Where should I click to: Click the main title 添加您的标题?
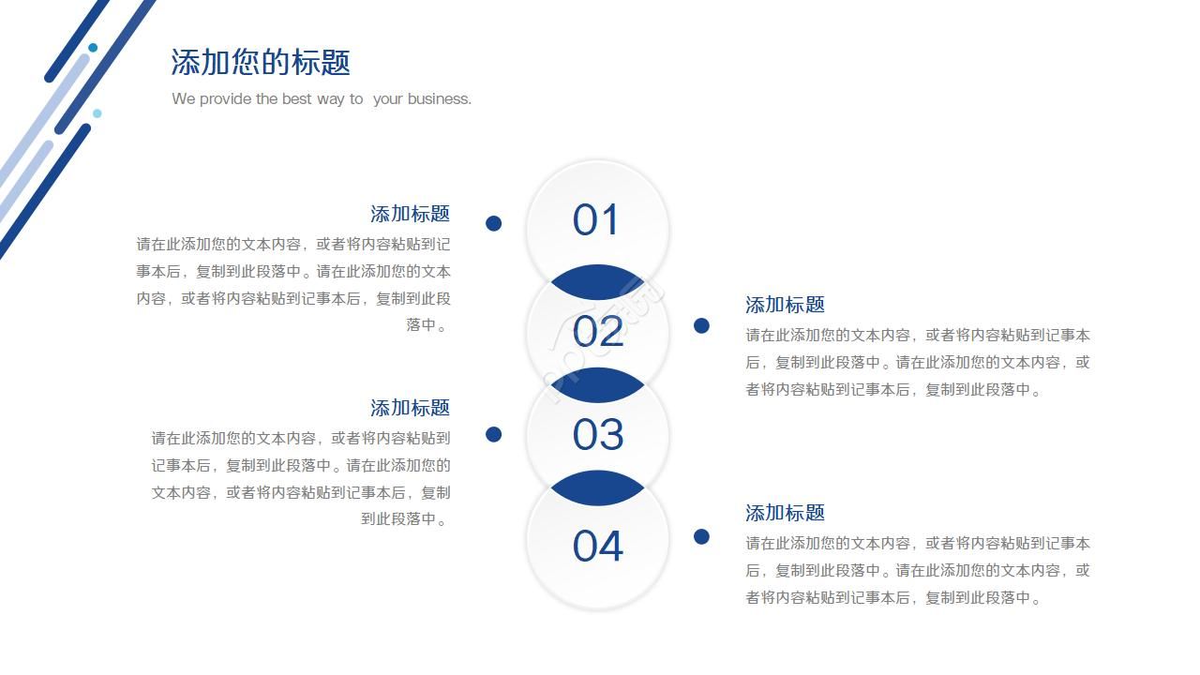[261, 63]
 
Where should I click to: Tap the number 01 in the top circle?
[596, 220]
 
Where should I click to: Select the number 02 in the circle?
[597, 332]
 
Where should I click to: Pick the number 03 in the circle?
[597, 435]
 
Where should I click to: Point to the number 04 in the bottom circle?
[597, 546]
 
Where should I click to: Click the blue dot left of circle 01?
[493, 223]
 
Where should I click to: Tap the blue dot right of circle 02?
[701, 325]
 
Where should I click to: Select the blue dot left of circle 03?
[493, 434]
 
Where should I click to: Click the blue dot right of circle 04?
[701, 536]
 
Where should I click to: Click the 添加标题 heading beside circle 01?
[410, 214]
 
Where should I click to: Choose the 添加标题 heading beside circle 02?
[785, 305]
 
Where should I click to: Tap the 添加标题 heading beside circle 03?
[410, 408]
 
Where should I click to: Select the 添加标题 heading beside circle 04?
[785, 513]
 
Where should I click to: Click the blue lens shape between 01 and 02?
[597, 283]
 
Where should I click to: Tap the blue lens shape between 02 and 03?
[597, 384]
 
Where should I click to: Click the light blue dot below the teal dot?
[97, 113]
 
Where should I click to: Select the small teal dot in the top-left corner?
[93, 48]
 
